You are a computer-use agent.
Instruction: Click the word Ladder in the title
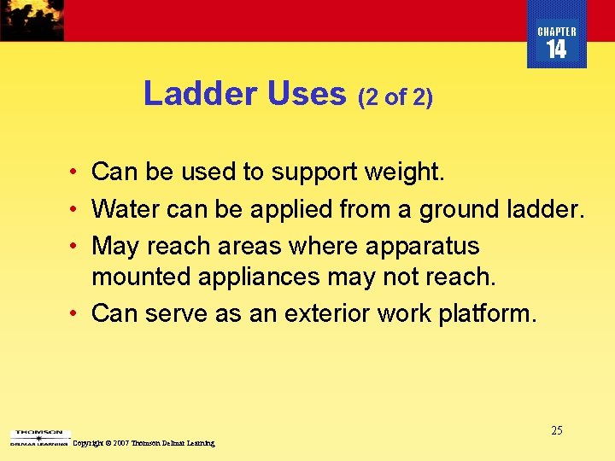(202, 94)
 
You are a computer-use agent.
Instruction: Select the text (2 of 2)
(395, 98)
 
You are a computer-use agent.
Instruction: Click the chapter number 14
(556, 50)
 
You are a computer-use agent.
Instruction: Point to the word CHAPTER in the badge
(557, 32)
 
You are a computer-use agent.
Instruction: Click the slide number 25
(556, 430)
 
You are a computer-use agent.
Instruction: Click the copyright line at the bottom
(143, 443)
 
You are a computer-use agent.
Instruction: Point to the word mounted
(143, 277)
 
